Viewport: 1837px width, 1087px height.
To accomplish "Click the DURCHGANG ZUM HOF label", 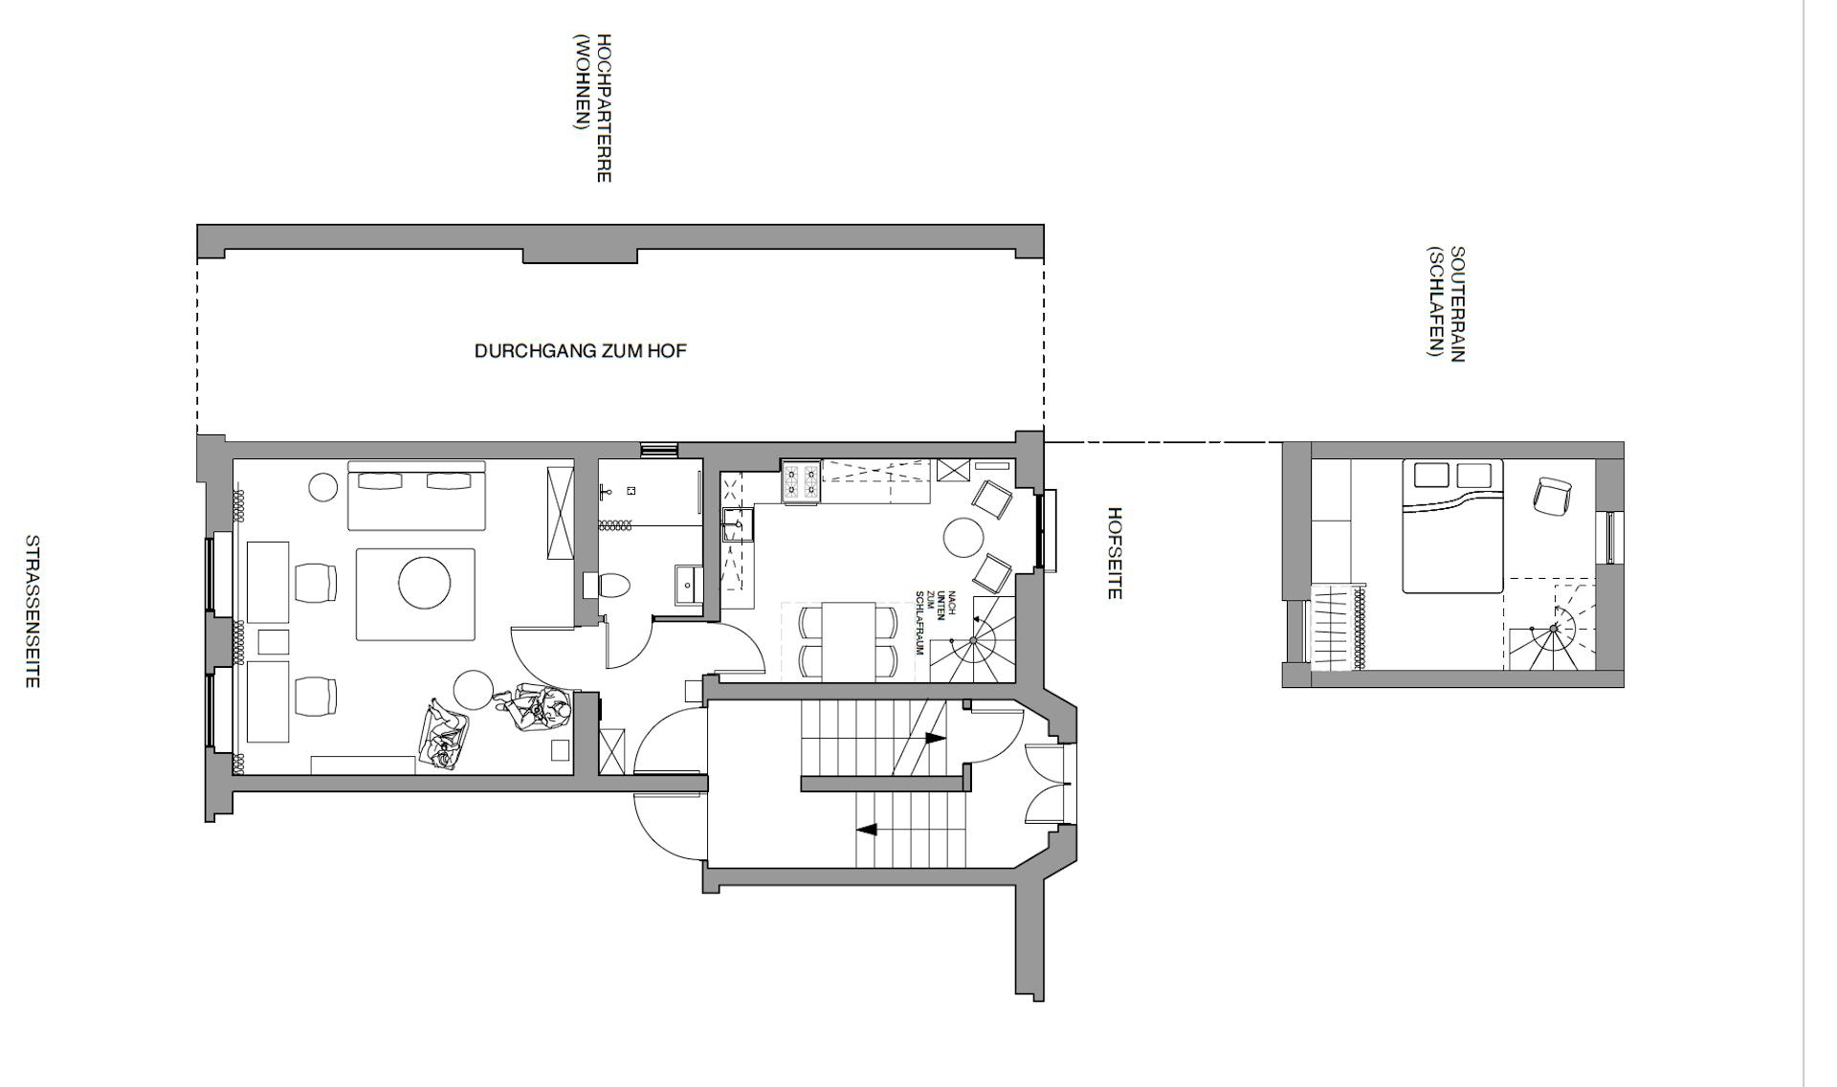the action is pyautogui.click(x=581, y=351).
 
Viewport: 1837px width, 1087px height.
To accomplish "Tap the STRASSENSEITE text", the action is pyautogui.click(x=32, y=611).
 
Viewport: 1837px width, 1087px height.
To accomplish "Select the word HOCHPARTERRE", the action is pyautogui.click(x=604, y=108).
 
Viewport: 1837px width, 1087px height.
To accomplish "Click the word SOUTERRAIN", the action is pyautogui.click(x=1457, y=304).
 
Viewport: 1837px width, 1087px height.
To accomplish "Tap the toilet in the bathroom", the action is pyautogui.click(x=613, y=584).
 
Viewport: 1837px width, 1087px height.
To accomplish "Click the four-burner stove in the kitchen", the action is pyautogui.click(x=802, y=482).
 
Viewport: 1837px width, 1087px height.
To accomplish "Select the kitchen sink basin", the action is pyautogui.click(x=738, y=525).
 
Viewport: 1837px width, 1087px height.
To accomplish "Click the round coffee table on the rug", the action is pyautogui.click(x=425, y=583).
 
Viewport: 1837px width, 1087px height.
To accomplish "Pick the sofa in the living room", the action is pyautogui.click(x=416, y=496).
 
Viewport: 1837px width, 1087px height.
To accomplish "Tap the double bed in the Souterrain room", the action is pyautogui.click(x=1452, y=526).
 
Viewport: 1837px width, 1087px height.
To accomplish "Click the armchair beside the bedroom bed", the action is pyautogui.click(x=1552, y=495).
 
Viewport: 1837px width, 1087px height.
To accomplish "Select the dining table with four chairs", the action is pyautogui.click(x=849, y=640).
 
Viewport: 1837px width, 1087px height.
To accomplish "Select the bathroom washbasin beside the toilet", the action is pyautogui.click(x=688, y=585).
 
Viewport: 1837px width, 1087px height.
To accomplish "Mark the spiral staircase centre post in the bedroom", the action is pyautogui.click(x=1555, y=629).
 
